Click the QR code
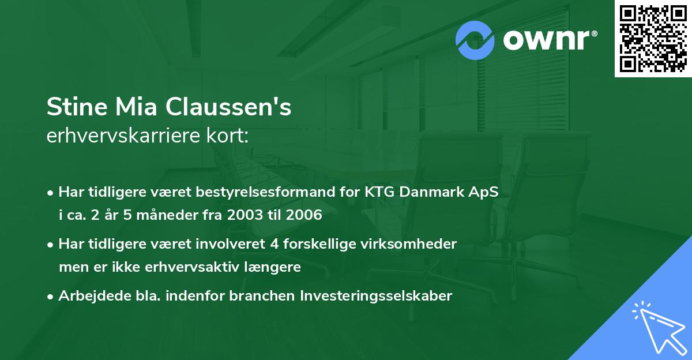pos(653,38)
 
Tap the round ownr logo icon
pos(475,40)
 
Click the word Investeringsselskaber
pos(376,296)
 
